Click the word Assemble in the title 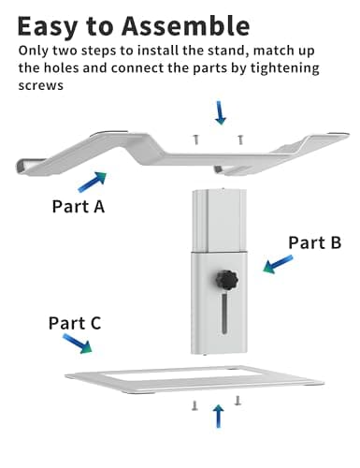point(186,25)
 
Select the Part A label point(79,206)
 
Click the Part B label point(314,242)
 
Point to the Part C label point(75,323)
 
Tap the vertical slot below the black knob point(224,314)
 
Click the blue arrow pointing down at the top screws point(221,112)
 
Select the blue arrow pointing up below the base point(219,417)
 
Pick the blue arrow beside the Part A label point(93,182)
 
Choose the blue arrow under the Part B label point(278,264)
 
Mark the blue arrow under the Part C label point(78,344)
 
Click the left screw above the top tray point(195,139)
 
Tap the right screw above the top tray point(240,139)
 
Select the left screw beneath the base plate point(194,405)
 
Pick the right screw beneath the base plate point(238,401)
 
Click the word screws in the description point(41,85)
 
